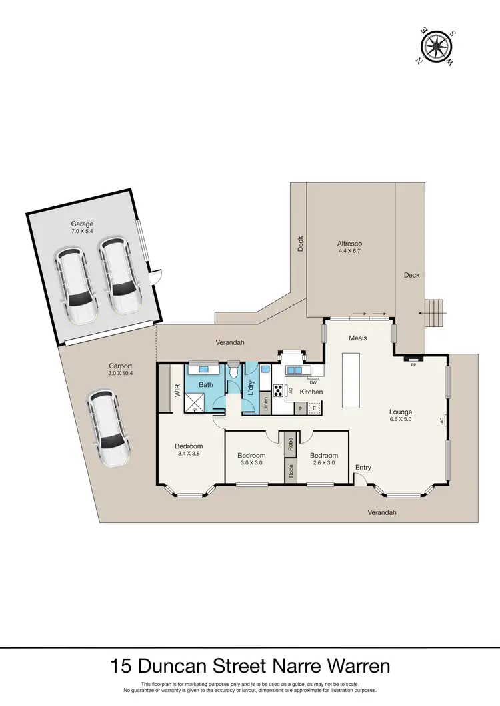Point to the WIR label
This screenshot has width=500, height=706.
tap(177, 391)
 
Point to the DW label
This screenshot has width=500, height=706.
tap(312, 382)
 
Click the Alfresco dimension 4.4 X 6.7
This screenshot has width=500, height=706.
tap(350, 253)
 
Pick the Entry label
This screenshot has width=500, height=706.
tap(363, 467)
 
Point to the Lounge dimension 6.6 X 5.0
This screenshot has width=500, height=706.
tap(401, 420)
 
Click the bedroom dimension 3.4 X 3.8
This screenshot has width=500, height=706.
tap(189, 454)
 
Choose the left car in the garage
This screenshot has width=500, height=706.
tap(77, 284)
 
